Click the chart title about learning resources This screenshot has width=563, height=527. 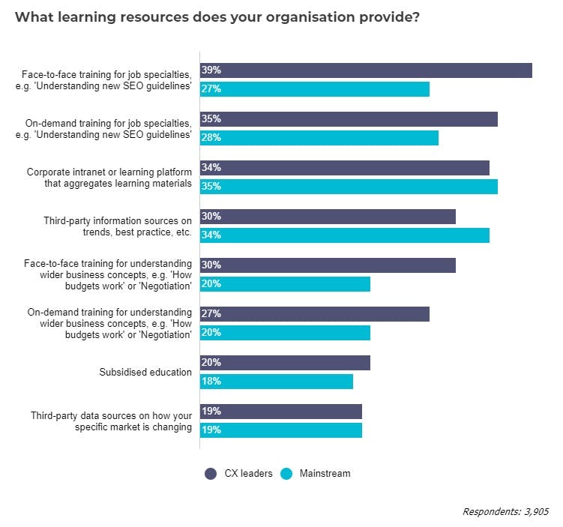(x=217, y=17)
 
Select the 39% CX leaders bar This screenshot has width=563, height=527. (x=366, y=70)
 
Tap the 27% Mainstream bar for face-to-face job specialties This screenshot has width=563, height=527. (x=315, y=89)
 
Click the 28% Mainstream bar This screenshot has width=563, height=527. (x=319, y=138)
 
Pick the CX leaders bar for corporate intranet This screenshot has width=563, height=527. (x=345, y=168)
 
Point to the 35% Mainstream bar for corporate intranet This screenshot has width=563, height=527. (x=349, y=187)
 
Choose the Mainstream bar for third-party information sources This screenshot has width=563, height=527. (x=345, y=235)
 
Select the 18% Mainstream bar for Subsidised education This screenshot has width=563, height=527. (x=277, y=382)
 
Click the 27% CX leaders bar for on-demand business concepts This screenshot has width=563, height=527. (x=315, y=314)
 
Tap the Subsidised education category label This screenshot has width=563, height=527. (x=145, y=372)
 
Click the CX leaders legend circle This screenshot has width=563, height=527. (x=211, y=474)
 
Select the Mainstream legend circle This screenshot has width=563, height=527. (x=286, y=474)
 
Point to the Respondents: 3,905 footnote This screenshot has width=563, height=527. (x=505, y=511)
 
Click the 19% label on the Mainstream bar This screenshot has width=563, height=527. (x=211, y=430)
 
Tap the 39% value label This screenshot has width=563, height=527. (x=211, y=70)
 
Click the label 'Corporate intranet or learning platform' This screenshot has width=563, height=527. (x=109, y=172)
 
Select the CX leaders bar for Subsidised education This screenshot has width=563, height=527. (x=285, y=363)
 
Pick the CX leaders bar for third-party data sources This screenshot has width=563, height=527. (x=281, y=412)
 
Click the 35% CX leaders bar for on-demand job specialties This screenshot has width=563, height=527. (x=349, y=119)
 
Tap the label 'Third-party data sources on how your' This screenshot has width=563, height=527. (x=111, y=415)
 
